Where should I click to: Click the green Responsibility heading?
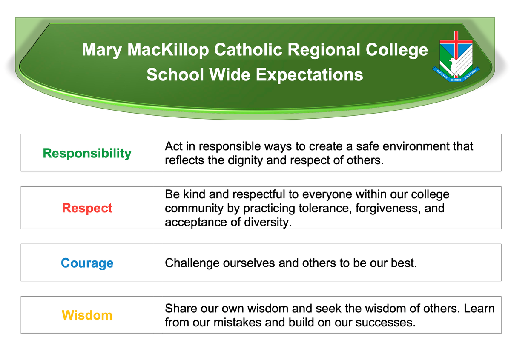coord(87,154)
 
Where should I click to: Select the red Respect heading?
coord(87,209)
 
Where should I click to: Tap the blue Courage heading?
coord(87,263)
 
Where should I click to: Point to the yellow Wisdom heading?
coord(87,315)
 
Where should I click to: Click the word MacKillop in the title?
coord(168,50)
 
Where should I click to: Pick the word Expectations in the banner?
coord(309,75)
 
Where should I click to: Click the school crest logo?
coord(456,57)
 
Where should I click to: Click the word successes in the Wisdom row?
coord(385,323)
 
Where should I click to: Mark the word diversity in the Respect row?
coord(268,222)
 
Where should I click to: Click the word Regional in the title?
coord(324,50)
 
